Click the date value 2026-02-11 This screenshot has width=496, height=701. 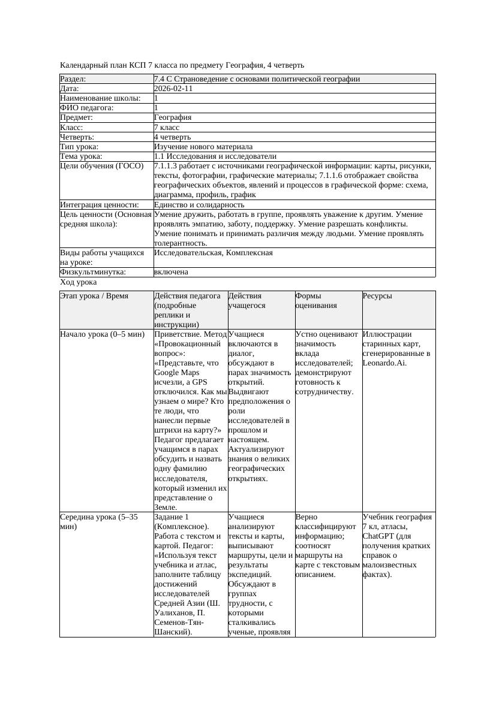tap(173, 89)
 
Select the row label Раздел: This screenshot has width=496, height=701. tap(73, 79)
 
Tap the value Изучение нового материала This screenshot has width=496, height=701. tap(203, 147)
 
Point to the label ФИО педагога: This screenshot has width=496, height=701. tap(87, 108)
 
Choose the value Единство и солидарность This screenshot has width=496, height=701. tap(199, 205)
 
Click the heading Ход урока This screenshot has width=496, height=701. tap(79, 282)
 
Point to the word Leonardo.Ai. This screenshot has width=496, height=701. tap(384, 363)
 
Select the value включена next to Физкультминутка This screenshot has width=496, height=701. tap(171, 272)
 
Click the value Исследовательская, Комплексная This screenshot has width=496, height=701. tap(214, 253)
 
